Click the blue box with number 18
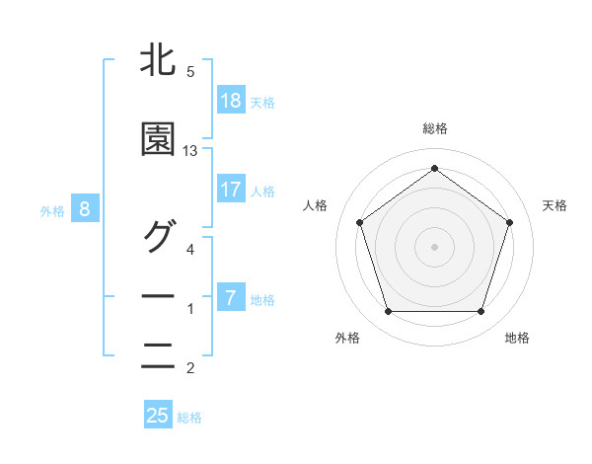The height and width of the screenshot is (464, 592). coord(230,101)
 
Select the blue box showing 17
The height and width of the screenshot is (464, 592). coord(230,190)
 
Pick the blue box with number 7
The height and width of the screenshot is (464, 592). coord(230,298)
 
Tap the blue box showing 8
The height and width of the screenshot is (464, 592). coord(85,209)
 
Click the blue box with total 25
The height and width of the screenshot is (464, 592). coord(158,416)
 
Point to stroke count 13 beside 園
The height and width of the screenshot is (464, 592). coord(190,151)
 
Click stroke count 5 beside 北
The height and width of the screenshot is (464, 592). coord(190,72)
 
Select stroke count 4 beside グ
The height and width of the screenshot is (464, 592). coord(190,250)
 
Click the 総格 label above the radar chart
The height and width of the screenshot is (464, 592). coord(434,128)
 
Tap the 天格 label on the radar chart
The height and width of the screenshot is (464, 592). coord(555,205)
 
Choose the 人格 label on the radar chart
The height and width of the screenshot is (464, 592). coord(315,205)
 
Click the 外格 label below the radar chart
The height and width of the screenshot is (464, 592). coord(347,338)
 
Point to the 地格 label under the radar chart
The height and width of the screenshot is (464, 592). coord(517,338)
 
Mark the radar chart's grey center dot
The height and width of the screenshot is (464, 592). coord(434,246)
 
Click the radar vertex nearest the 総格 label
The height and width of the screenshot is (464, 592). coord(434,168)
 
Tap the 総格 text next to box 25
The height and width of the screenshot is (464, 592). coord(189,418)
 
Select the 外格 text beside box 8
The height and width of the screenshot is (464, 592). coord(52,210)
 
